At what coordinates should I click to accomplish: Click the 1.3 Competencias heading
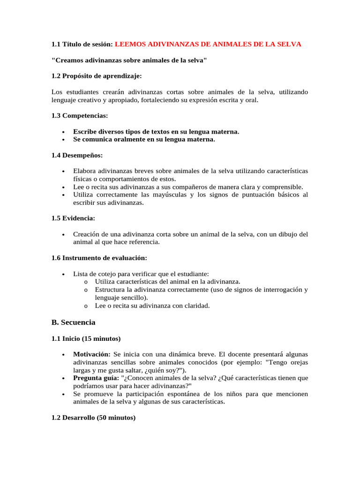[79, 115]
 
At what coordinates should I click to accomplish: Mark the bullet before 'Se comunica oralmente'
[63, 140]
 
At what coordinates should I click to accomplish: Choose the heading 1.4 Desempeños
[77, 155]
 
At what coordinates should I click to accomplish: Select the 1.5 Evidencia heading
[73, 218]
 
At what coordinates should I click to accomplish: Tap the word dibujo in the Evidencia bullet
[286, 234]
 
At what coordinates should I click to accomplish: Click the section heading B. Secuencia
[73, 322]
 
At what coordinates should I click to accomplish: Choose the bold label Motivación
[92, 354]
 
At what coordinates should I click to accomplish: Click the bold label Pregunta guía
[96, 378]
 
